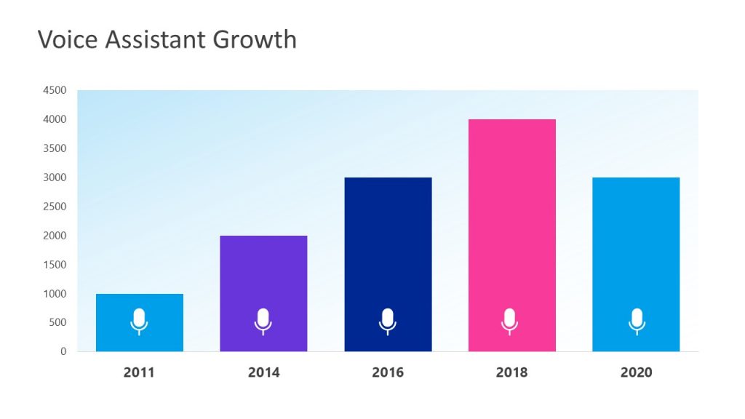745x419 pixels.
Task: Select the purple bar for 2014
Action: pos(263,276)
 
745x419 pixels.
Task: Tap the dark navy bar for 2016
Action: pos(388,247)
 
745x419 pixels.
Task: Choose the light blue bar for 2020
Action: pos(636,247)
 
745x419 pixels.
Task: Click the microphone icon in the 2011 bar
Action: pos(139,321)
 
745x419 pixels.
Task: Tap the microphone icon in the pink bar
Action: pos(510,321)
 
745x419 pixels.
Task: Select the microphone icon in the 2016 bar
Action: pos(388,321)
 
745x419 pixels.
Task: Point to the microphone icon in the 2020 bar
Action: pos(637,321)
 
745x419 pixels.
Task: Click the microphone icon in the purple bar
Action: pos(263,321)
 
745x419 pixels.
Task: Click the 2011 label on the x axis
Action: pos(139,372)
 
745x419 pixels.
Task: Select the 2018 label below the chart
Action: pos(511,372)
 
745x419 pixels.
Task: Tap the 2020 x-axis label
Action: pos(636,372)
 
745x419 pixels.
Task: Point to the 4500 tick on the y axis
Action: pos(55,90)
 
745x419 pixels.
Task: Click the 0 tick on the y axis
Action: pos(63,351)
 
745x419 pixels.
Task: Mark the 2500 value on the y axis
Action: pos(55,207)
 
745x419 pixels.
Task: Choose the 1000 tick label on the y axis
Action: pos(55,294)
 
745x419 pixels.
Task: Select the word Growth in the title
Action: pos(255,39)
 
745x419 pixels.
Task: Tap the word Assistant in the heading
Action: pos(156,39)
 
